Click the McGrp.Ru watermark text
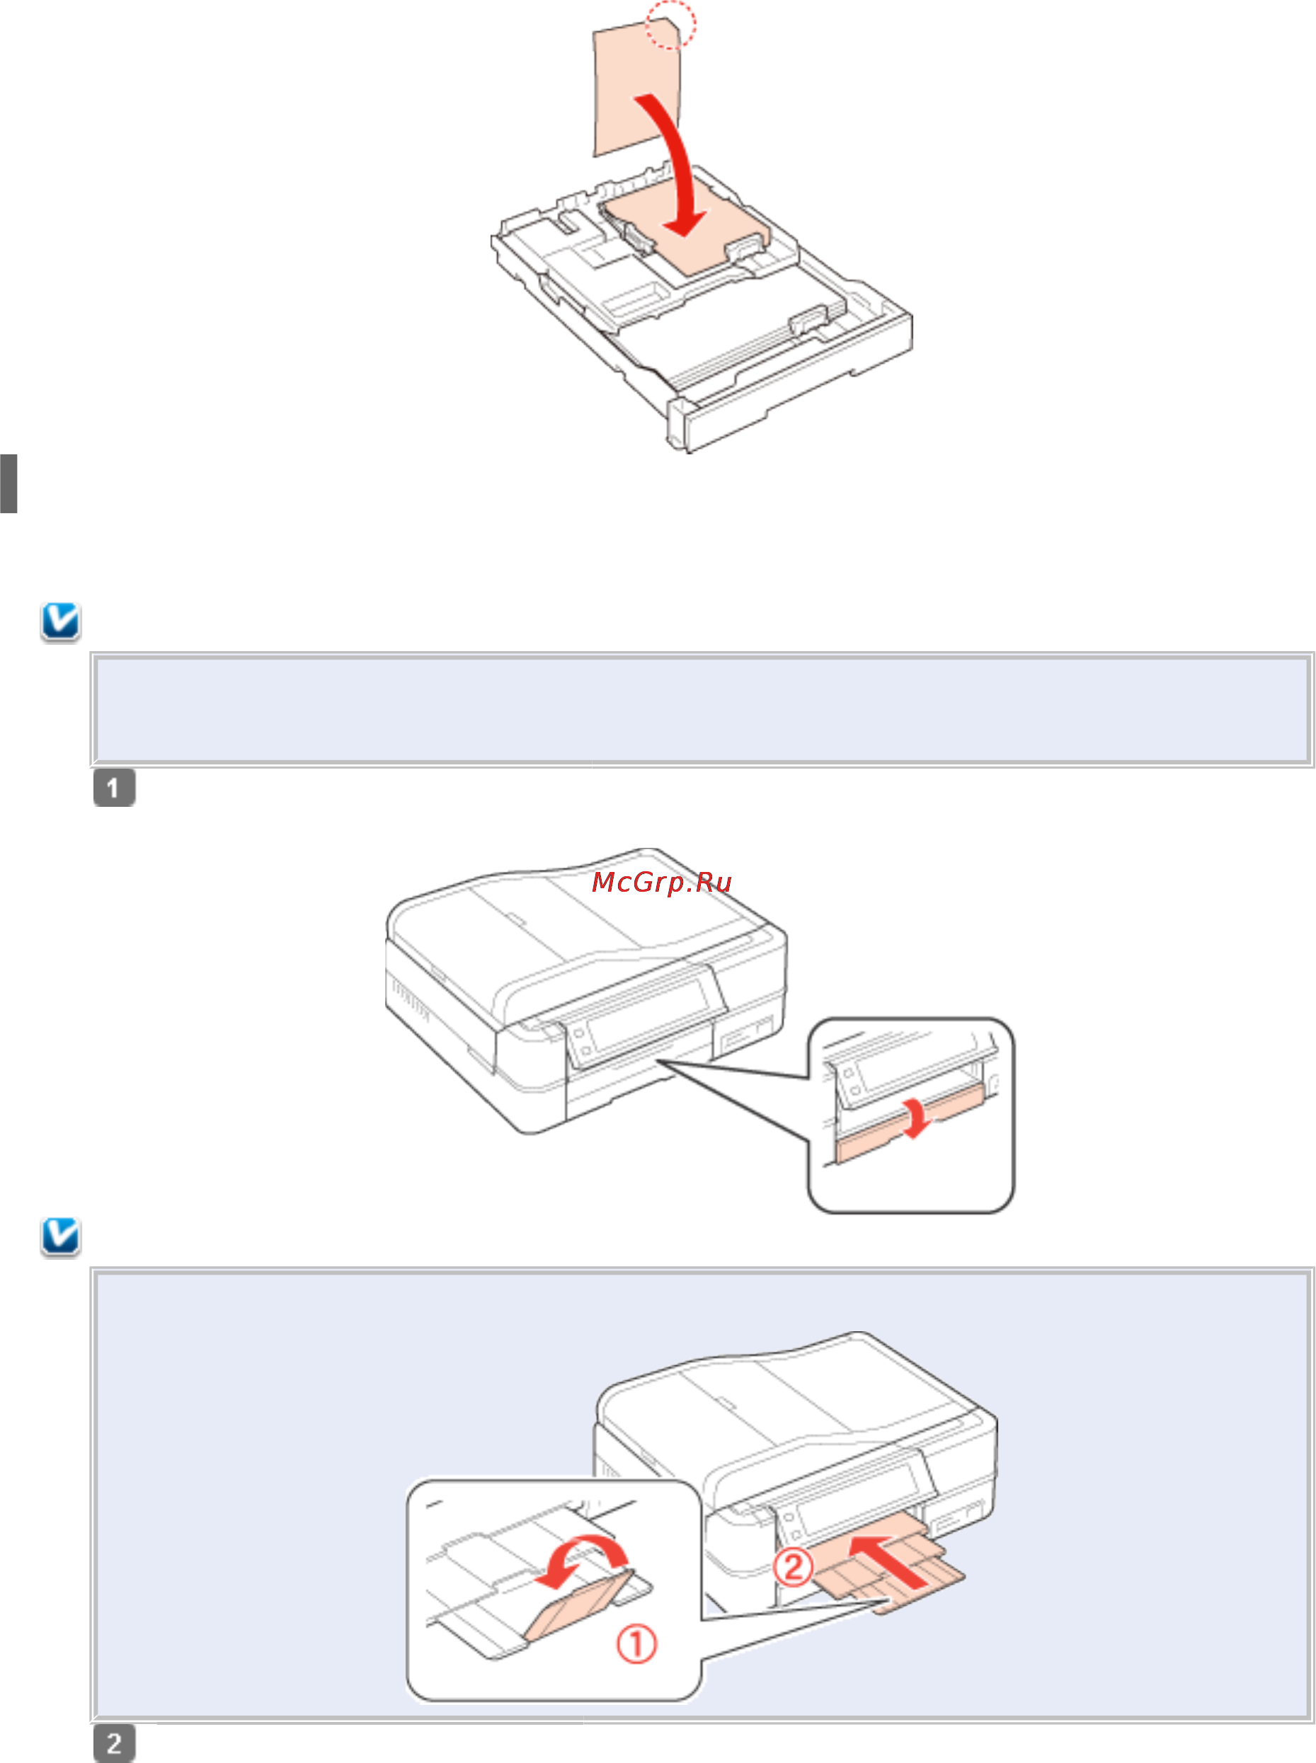point(661,883)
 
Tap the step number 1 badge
point(114,788)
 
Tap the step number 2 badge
point(114,1743)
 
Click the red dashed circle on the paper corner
point(670,24)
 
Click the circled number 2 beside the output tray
point(794,1567)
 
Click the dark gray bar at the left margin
point(8,483)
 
